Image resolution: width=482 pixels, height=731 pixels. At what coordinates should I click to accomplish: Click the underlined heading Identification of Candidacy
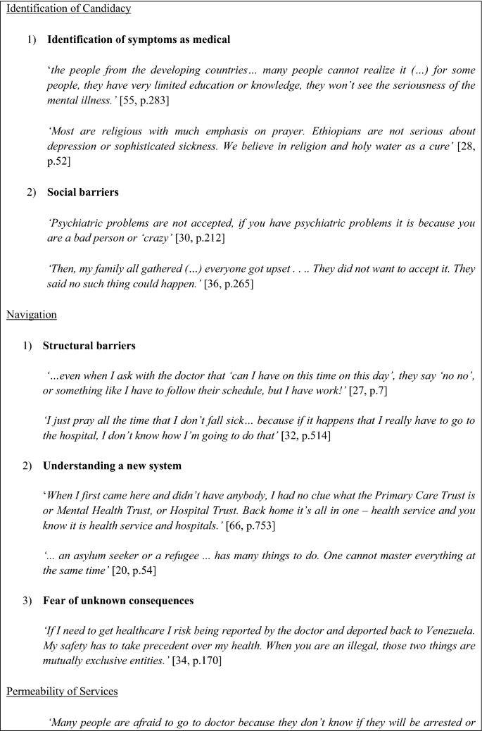68,10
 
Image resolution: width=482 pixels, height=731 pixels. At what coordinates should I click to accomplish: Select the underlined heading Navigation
32,315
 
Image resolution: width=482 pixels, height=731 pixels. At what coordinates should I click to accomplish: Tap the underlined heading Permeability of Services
62,691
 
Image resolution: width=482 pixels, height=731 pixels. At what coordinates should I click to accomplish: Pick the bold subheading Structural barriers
89,345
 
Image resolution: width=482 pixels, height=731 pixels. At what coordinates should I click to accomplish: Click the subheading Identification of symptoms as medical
139,40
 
